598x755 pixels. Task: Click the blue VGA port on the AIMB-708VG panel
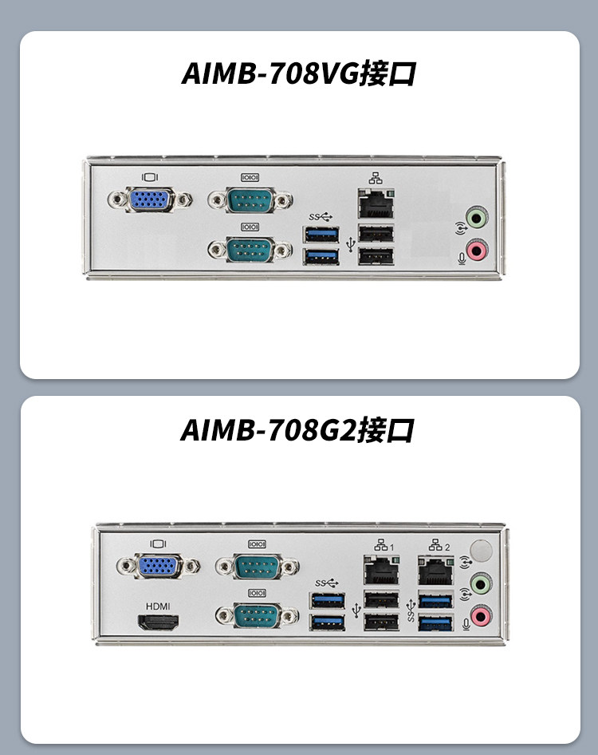pos(150,200)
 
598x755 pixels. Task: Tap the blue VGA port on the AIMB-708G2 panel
pos(159,567)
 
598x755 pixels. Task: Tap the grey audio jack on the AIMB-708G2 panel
pos(479,550)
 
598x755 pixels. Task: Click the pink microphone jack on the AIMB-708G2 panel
pos(479,615)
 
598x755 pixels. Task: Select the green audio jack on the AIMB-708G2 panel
pos(479,583)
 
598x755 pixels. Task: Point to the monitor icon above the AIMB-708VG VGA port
pos(150,177)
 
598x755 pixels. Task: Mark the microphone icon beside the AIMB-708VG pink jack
pos(458,257)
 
